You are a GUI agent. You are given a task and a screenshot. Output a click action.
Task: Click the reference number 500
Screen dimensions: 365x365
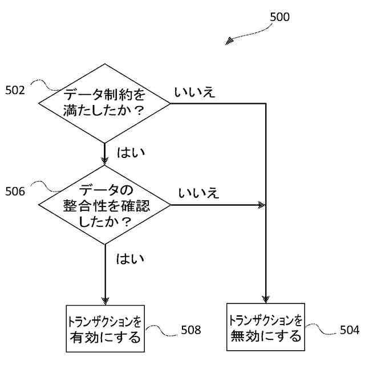click(x=279, y=17)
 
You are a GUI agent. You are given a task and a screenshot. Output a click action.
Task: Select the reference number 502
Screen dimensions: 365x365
click(x=15, y=90)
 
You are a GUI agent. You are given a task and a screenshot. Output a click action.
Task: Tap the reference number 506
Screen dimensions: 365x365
click(x=15, y=192)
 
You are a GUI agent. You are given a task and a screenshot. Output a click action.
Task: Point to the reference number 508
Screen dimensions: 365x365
click(x=191, y=330)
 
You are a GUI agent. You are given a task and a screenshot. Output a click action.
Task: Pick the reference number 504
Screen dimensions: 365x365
click(x=349, y=330)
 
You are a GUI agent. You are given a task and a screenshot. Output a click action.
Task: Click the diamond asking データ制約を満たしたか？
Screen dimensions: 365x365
click(x=104, y=103)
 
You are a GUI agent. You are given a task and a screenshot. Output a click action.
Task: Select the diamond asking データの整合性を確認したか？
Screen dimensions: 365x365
click(x=104, y=205)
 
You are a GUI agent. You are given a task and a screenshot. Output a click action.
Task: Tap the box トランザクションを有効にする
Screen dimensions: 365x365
click(x=104, y=329)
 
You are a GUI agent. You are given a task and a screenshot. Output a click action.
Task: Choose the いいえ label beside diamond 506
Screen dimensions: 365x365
click(x=198, y=193)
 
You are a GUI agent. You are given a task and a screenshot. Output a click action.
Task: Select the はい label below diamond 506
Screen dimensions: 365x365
click(x=131, y=259)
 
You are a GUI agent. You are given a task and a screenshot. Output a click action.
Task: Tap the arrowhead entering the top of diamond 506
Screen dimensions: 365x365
click(x=104, y=161)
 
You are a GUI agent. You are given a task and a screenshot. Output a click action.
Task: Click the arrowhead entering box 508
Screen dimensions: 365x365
click(x=104, y=301)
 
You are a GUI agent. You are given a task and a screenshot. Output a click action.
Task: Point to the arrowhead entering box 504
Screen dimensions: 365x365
click(x=265, y=299)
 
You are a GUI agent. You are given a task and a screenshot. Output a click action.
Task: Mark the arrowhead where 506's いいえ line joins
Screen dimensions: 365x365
click(x=262, y=205)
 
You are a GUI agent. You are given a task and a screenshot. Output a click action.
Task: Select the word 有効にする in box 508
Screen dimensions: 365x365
click(x=104, y=338)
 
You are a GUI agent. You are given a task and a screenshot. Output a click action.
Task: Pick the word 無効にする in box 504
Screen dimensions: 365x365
click(x=265, y=336)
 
